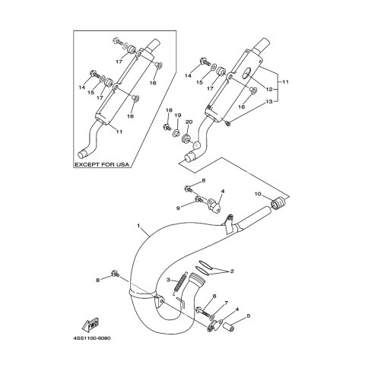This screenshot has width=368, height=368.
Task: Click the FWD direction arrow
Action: point(90,325)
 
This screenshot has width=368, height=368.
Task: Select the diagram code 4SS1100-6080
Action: point(92,338)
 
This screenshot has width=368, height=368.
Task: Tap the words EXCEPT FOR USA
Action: point(102,164)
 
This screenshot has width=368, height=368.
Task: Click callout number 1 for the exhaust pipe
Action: point(138,225)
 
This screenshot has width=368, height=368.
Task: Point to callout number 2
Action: point(232,271)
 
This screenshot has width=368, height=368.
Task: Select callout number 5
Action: point(249,316)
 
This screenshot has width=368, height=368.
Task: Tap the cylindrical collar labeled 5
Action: point(228,327)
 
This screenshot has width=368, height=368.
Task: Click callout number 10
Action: point(258,194)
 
